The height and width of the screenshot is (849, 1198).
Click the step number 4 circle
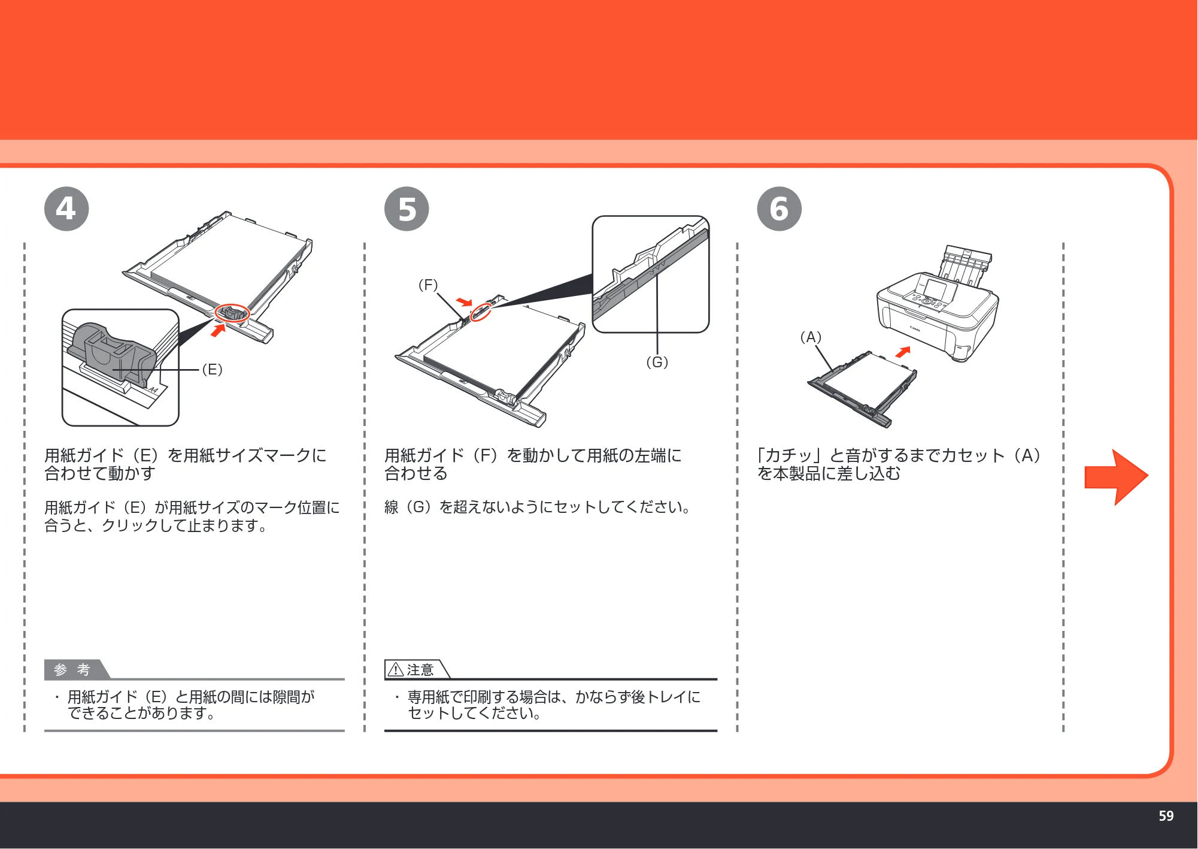tap(66, 209)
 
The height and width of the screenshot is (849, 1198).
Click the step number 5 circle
tap(407, 209)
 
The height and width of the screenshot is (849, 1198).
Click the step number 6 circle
tap(779, 209)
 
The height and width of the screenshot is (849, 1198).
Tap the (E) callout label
tap(212, 370)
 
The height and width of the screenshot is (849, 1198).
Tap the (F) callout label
tap(428, 285)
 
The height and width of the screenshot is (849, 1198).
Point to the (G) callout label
tap(657, 362)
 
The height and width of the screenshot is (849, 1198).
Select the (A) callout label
tap(811, 337)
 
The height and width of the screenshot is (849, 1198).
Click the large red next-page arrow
tap(1116, 477)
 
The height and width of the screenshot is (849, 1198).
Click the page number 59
tap(1166, 816)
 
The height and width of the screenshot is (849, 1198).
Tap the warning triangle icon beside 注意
tap(396, 669)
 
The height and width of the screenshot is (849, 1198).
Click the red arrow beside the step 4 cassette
tap(219, 330)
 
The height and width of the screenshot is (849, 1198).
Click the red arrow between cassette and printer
tap(903, 352)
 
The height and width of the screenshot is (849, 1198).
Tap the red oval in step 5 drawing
tap(480, 312)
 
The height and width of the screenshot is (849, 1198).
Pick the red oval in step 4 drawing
tap(232, 313)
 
